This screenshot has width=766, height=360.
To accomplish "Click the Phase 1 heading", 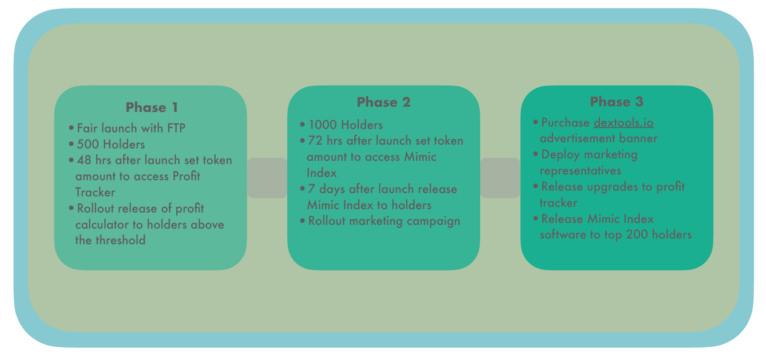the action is click(x=152, y=108).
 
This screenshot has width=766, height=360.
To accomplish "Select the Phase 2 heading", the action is click(x=383, y=102).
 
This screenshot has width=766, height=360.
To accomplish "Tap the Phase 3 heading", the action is click(x=617, y=102).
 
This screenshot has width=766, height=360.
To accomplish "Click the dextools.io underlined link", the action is click(x=624, y=122).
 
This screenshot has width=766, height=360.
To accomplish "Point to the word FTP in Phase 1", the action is click(x=176, y=128).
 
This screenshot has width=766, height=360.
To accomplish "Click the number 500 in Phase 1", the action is click(x=88, y=144).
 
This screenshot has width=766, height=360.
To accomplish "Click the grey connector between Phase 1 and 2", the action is click(x=267, y=177).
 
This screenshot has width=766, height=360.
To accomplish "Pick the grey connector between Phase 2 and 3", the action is click(x=500, y=177).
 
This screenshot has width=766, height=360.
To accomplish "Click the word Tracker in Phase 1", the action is click(x=95, y=192).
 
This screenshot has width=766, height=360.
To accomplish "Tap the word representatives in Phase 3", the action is click(x=580, y=170).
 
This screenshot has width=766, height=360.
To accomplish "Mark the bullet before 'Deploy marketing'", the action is click(x=536, y=154).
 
